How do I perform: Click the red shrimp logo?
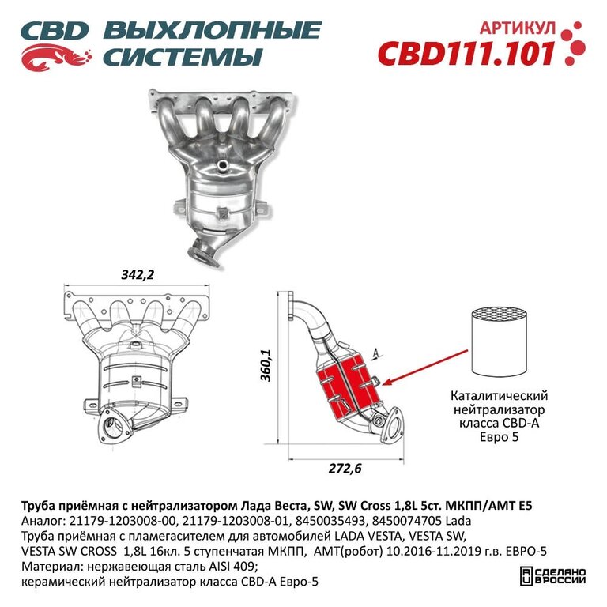tap(56, 57)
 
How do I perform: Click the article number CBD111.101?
tap(466, 53)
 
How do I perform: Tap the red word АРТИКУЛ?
tap(518, 28)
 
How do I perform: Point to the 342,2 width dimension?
tap(138, 274)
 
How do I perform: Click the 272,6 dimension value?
tap(345, 469)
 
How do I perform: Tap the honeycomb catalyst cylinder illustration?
tap(499, 341)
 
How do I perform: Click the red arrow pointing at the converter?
tap(424, 368)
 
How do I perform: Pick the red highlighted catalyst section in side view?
tap(347, 387)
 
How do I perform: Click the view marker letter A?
tap(375, 352)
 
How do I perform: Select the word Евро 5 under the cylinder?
tap(499, 437)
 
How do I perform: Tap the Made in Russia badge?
tap(552, 576)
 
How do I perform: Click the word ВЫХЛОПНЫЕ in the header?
tap(212, 30)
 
